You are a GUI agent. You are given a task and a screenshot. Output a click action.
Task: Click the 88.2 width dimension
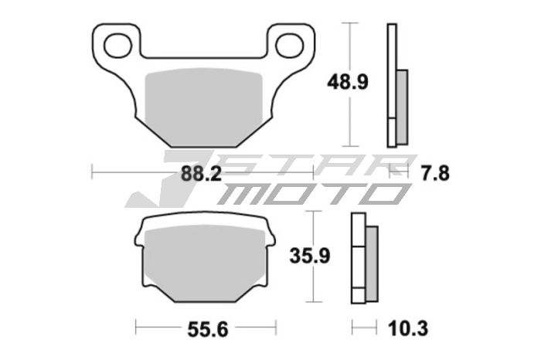[x=202, y=174]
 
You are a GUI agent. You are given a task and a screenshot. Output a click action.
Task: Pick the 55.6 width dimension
[x=207, y=330]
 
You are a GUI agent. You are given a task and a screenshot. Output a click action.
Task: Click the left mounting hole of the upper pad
[x=117, y=46]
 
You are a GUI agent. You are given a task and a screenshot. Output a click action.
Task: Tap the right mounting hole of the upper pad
[x=289, y=45]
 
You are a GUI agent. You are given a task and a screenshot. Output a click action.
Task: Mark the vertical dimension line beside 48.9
[x=352, y=85]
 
